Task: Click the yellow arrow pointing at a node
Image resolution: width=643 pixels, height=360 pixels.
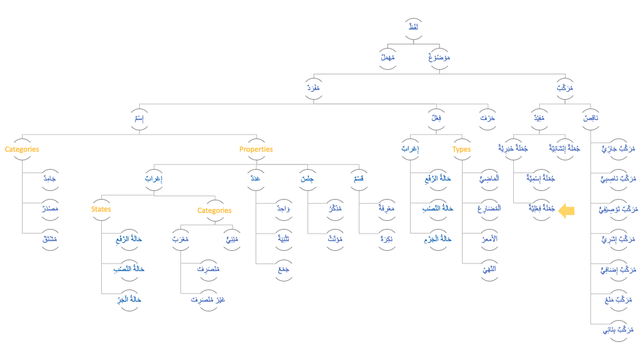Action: [x=566, y=211]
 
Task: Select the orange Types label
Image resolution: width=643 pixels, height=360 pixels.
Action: [x=461, y=150]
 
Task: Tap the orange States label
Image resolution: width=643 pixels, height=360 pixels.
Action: [x=101, y=210]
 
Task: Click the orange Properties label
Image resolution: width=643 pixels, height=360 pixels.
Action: [x=256, y=150]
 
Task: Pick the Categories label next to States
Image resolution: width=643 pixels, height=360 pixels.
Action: [x=214, y=211]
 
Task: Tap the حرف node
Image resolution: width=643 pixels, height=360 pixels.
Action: [x=487, y=118]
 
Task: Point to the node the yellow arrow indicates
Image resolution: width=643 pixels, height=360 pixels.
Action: [x=540, y=208]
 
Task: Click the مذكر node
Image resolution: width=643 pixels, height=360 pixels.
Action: [x=325, y=208]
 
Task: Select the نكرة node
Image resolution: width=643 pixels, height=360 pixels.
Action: [x=385, y=238]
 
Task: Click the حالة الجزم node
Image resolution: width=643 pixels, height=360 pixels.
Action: [x=437, y=238]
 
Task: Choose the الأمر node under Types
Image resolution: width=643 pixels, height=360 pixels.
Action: [x=488, y=238]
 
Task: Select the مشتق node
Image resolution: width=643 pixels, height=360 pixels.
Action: [x=50, y=239]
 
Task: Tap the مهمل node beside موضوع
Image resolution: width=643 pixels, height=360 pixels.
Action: [x=387, y=58]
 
